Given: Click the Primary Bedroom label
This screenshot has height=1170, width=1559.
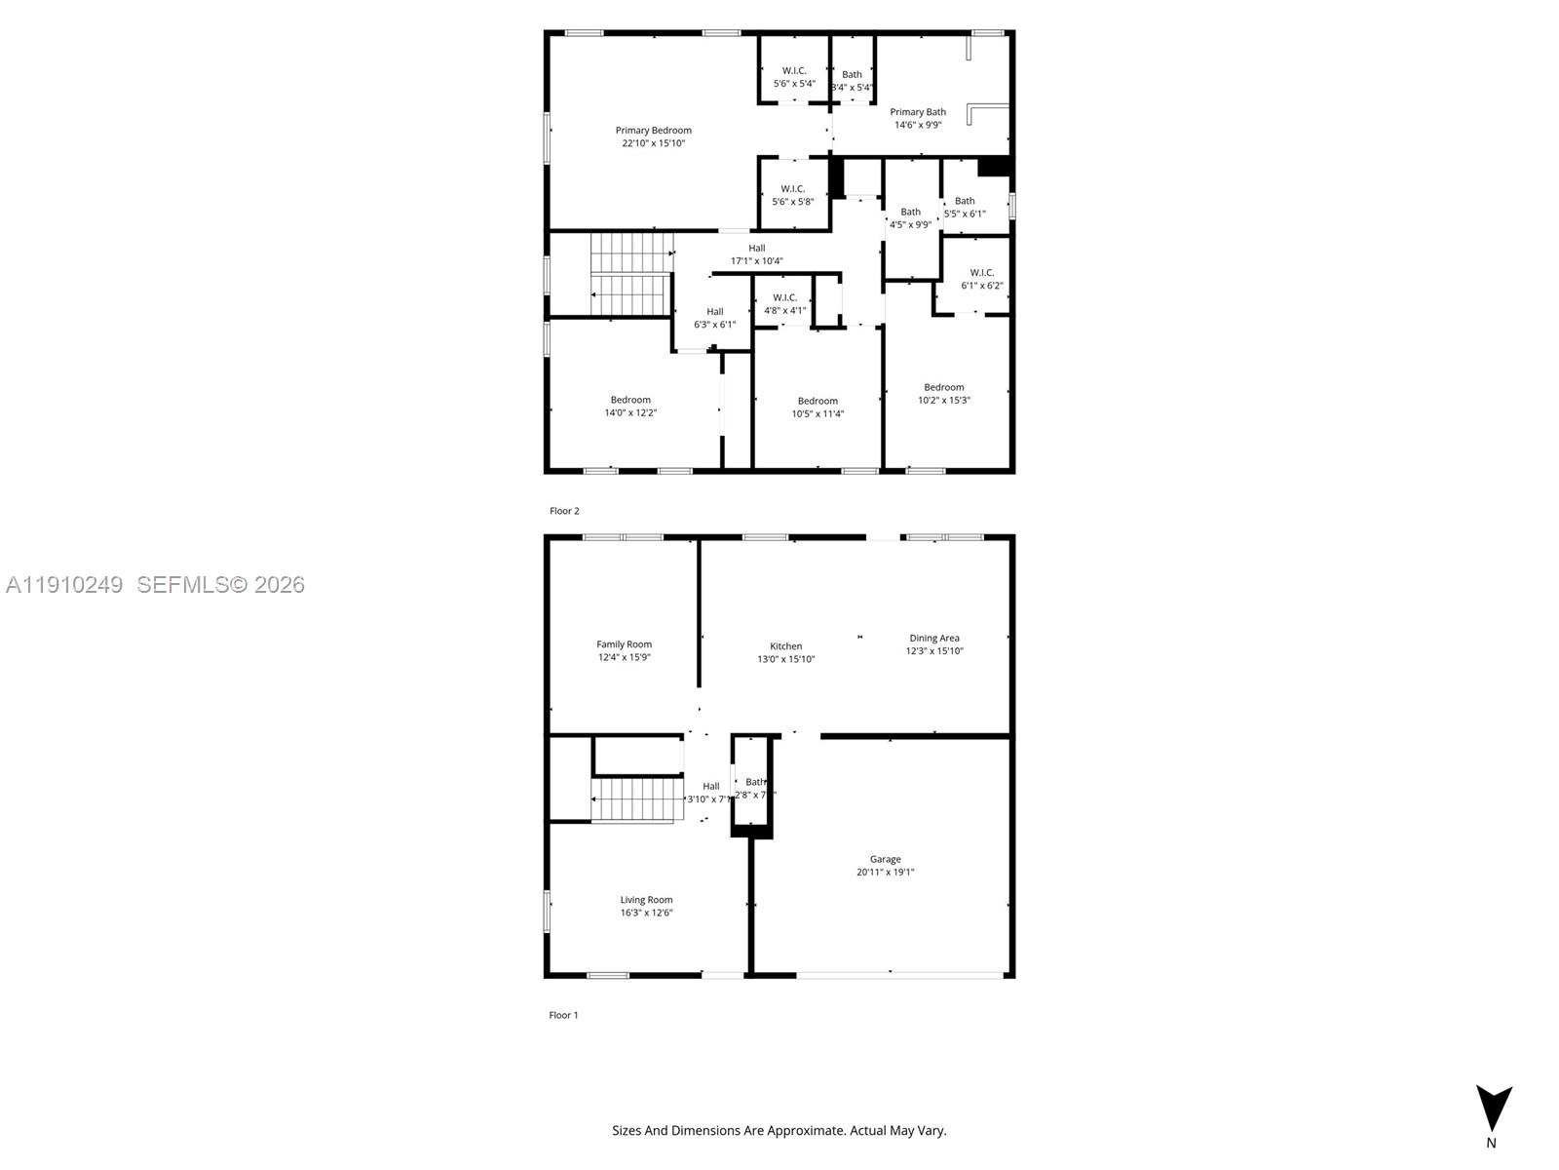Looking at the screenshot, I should click(x=653, y=131).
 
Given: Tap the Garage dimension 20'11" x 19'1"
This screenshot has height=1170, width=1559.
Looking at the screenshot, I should click(x=885, y=873).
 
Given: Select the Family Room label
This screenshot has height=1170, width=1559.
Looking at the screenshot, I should click(x=624, y=644).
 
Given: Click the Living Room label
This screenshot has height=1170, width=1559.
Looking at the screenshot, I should click(x=646, y=900).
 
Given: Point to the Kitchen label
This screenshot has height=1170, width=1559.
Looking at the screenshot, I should click(x=785, y=646).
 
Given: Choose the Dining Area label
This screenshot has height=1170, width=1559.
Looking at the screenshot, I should click(x=933, y=639).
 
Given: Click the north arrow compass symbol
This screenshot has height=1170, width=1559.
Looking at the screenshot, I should click(x=1493, y=1109).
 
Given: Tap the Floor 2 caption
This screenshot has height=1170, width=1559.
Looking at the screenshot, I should click(x=564, y=511).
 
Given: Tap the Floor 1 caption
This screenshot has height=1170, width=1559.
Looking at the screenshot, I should click(x=563, y=1015).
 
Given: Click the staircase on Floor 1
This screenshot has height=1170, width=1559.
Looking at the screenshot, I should click(x=632, y=799).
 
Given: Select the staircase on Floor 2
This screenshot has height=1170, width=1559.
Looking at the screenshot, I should click(x=630, y=274).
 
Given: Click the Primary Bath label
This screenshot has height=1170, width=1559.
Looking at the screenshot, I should click(x=917, y=112).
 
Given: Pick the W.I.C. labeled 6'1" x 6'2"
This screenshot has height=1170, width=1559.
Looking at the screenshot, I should click(x=981, y=279).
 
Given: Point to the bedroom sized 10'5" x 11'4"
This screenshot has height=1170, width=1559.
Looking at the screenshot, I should click(x=818, y=408).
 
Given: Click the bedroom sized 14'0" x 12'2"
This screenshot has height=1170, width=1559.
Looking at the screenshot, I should click(x=630, y=406).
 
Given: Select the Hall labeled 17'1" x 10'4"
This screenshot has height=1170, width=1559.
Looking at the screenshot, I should click(x=756, y=254).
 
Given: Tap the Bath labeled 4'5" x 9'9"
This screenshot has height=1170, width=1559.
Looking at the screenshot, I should click(x=910, y=217).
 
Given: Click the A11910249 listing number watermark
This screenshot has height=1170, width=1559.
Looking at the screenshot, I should click(x=64, y=585).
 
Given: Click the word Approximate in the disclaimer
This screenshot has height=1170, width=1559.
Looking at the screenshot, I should click(x=805, y=1131).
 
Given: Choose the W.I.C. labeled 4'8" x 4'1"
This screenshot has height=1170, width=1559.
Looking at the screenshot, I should click(x=784, y=304).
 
